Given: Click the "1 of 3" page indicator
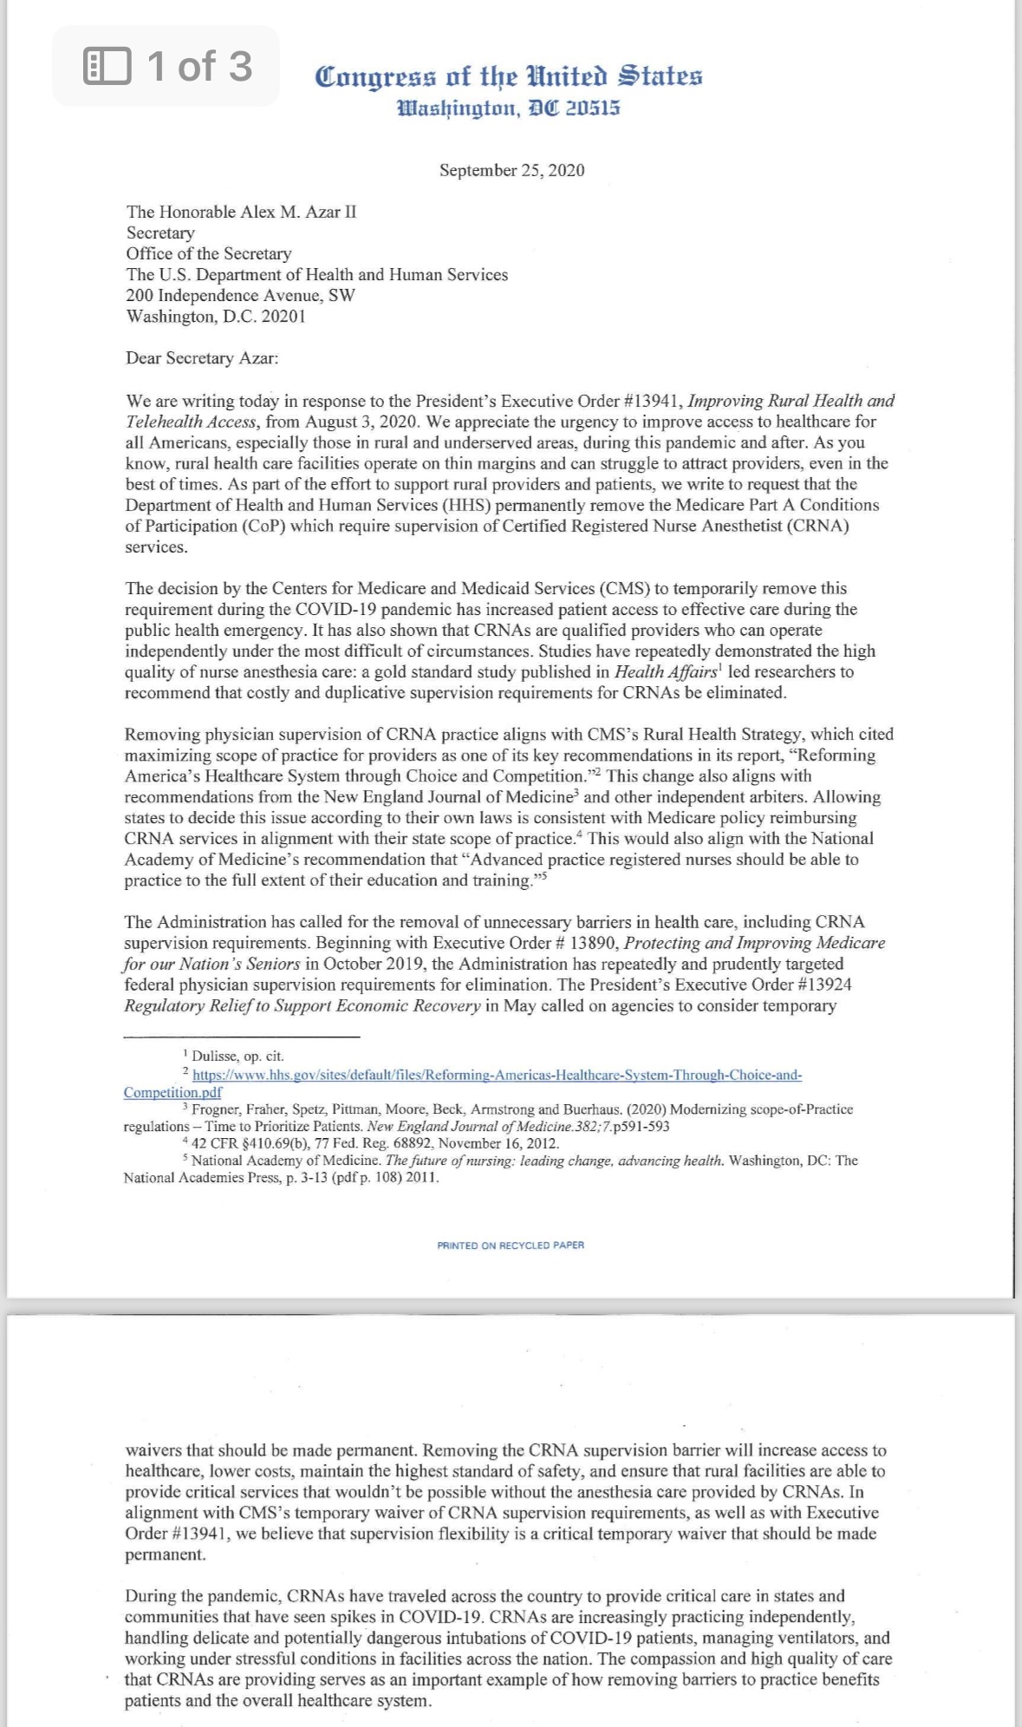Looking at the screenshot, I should (168, 67).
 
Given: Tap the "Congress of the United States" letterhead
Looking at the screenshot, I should (509, 77).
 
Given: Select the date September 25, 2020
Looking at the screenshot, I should (511, 170).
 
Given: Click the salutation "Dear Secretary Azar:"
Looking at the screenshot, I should (202, 358).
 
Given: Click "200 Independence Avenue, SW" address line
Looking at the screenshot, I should (240, 295).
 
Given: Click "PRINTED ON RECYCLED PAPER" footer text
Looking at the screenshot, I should (511, 1245).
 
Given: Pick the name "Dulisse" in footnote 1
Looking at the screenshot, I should (213, 1056).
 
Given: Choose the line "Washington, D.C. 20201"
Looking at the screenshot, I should (215, 316).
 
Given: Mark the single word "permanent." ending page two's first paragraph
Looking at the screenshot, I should (166, 1554).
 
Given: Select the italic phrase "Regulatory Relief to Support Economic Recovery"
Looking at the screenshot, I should (302, 1006).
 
